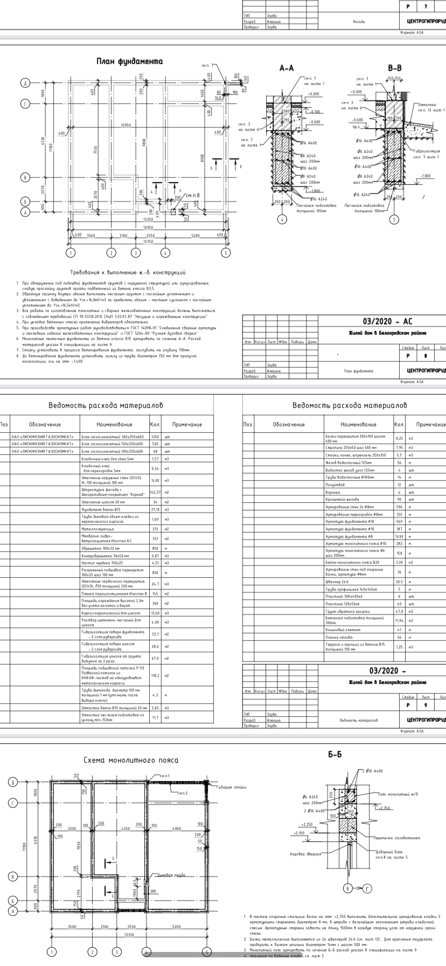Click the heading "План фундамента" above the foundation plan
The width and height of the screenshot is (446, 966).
point(129,62)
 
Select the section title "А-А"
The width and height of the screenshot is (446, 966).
point(287,68)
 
